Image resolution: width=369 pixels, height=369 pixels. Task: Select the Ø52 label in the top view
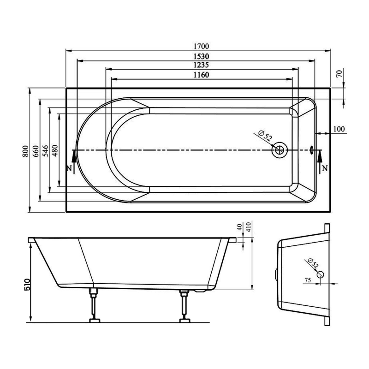[265, 137]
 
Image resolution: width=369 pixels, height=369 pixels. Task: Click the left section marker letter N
[69, 168]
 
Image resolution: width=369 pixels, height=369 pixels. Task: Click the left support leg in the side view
[95, 304]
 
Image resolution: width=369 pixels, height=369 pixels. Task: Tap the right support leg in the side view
[185, 304]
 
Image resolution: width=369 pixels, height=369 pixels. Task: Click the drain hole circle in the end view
[320, 275]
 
